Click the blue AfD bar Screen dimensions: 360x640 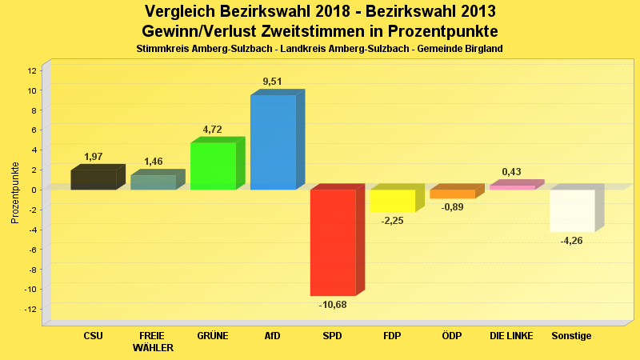point(273,142)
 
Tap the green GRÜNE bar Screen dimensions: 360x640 point(213,166)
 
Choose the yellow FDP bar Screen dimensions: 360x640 point(392,201)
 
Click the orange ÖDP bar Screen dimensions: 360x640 point(452,194)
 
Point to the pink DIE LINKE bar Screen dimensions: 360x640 point(512,187)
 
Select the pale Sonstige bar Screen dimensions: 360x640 point(572,210)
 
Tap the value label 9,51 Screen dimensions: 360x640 point(272,82)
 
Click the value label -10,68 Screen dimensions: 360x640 point(333,304)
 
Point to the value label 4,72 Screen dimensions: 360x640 point(213,128)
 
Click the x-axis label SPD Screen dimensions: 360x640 point(332,336)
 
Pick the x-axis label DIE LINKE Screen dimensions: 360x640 point(511,336)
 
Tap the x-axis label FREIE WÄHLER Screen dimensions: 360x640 point(152,342)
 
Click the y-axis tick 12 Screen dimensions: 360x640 point(32,70)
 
